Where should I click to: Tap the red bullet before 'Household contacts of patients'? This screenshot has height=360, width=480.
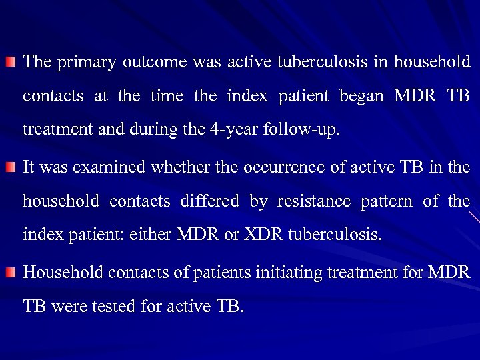point(11,273)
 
